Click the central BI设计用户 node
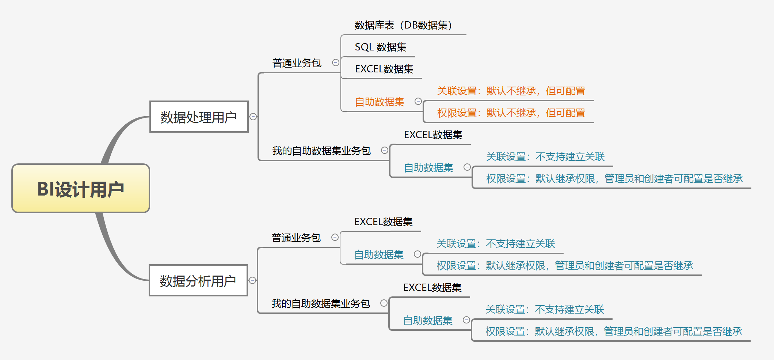81,189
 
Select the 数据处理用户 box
199,117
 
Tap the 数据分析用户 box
198,281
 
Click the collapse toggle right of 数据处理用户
253,117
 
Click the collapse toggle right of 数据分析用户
252,280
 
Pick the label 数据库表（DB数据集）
403,25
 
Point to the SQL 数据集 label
380,47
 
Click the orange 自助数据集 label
380,102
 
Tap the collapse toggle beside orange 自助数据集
418,101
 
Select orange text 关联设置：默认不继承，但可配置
511,91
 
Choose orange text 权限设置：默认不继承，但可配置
511,113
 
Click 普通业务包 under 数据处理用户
297,63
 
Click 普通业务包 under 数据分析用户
296,238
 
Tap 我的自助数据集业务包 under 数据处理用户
321,151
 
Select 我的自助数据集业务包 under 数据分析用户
320,303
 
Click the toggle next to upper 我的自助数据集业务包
385,150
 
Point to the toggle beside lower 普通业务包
335,237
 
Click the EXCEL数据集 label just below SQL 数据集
384,69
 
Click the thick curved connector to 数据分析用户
113,252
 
